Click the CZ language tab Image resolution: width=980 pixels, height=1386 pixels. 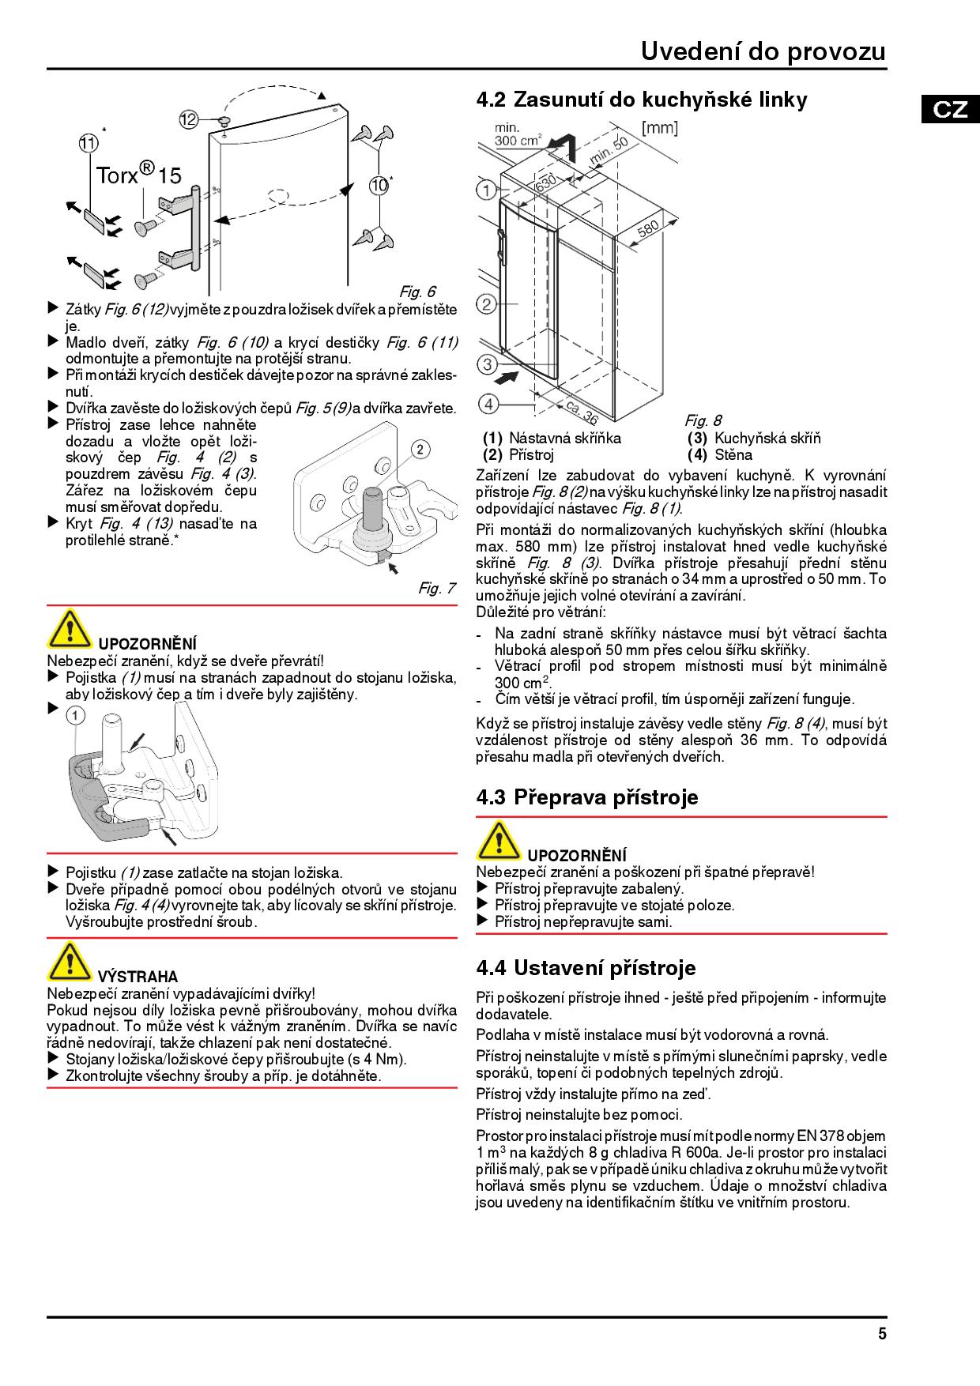pyautogui.click(x=949, y=108)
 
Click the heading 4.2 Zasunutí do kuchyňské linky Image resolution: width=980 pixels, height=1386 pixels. pyautogui.click(x=642, y=100)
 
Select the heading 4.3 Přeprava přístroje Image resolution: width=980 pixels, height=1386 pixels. pyautogui.click(x=587, y=797)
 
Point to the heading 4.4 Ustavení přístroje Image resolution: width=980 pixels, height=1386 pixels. pyautogui.click(x=586, y=967)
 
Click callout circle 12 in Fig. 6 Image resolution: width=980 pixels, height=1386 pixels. pyautogui.click(x=188, y=120)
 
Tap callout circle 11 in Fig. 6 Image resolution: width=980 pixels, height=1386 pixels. pyautogui.click(x=89, y=143)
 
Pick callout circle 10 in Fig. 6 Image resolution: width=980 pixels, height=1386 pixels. pyautogui.click(x=379, y=186)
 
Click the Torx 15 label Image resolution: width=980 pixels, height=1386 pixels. pyautogui.click(x=138, y=173)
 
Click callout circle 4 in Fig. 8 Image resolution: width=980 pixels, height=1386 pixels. pyautogui.click(x=489, y=404)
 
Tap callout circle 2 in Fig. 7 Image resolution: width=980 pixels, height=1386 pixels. pyautogui.click(x=420, y=450)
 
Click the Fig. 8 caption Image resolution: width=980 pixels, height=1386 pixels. pyautogui.click(x=703, y=420)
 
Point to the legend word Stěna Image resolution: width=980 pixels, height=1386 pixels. pyautogui.click(x=733, y=454)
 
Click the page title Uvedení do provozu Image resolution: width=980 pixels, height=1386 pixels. pyautogui.click(x=763, y=51)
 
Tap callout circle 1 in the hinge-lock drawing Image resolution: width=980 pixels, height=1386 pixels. pyautogui.click(x=74, y=716)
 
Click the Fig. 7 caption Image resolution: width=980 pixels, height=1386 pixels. pyautogui.click(x=436, y=588)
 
